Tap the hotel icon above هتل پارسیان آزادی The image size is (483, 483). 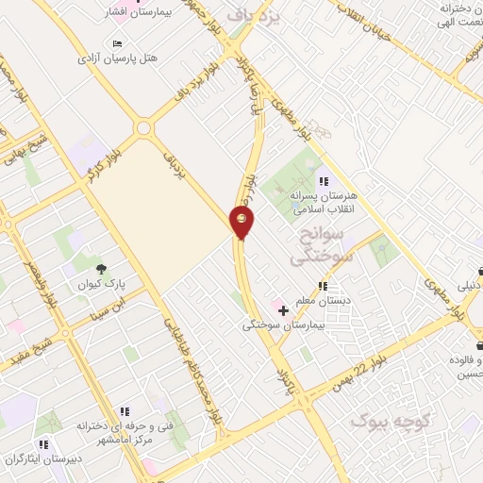(117, 43)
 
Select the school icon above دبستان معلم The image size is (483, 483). (323, 286)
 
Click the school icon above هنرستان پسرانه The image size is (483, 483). (324, 181)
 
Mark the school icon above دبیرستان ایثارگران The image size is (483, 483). (42, 444)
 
